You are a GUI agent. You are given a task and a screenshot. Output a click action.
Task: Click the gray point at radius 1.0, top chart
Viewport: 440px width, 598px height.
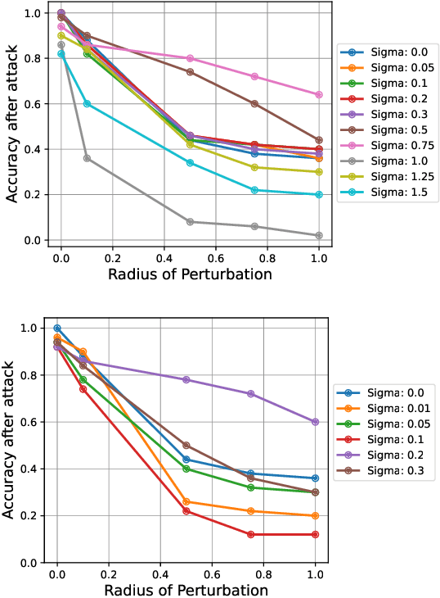pyautogui.click(x=319, y=235)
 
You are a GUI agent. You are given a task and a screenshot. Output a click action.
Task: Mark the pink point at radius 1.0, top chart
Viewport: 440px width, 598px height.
pyautogui.click(x=319, y=94)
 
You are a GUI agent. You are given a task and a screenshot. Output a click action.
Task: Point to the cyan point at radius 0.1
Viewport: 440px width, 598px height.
pyautogui.click(x=87, y=103)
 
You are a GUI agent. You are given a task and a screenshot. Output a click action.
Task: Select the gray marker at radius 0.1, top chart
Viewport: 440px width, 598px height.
pyautogui.click(x=87, y=158)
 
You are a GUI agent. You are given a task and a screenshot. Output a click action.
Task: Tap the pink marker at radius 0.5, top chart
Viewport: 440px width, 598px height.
pyautogui.click(x=190, y=58)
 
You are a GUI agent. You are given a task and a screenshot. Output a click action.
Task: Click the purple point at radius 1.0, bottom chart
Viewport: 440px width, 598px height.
pyautogui.click(x=315, y=422)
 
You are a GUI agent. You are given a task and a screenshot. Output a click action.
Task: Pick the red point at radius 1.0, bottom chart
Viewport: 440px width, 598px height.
pyautogui.click(x=315, y=535)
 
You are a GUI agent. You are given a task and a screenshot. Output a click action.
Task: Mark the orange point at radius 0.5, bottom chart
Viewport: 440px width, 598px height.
pyautogui.click(x=186, y=502)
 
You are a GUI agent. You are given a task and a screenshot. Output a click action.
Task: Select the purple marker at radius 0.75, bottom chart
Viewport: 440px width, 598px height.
pyautogui.click(x=250, y=394)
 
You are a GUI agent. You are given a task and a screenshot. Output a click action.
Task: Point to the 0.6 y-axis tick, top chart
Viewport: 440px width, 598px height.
pyautogui.click(x=32, y=104)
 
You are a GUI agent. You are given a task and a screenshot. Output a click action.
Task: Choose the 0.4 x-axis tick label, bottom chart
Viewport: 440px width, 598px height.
pyautogui.click(x=160, y=576)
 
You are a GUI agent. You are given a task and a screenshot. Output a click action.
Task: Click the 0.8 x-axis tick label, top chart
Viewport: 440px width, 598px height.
pyautogui.click(x=267, y=256)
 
